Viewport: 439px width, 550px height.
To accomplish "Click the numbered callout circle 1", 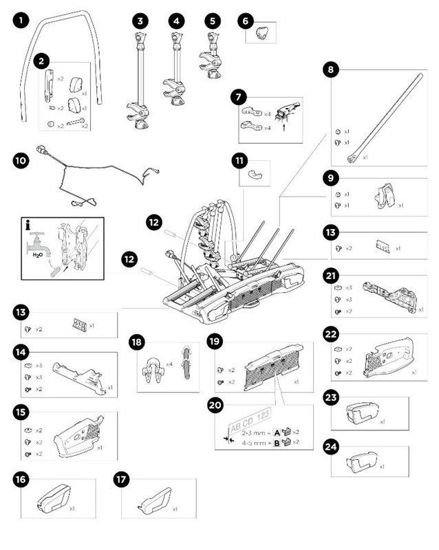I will click(21, 21).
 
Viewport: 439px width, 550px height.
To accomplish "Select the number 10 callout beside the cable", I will click(21, 160).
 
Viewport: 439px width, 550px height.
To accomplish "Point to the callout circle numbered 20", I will click(215, 406).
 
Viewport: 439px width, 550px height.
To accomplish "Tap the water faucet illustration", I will click(38, 241).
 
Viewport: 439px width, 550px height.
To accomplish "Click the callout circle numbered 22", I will click(331, 334).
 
